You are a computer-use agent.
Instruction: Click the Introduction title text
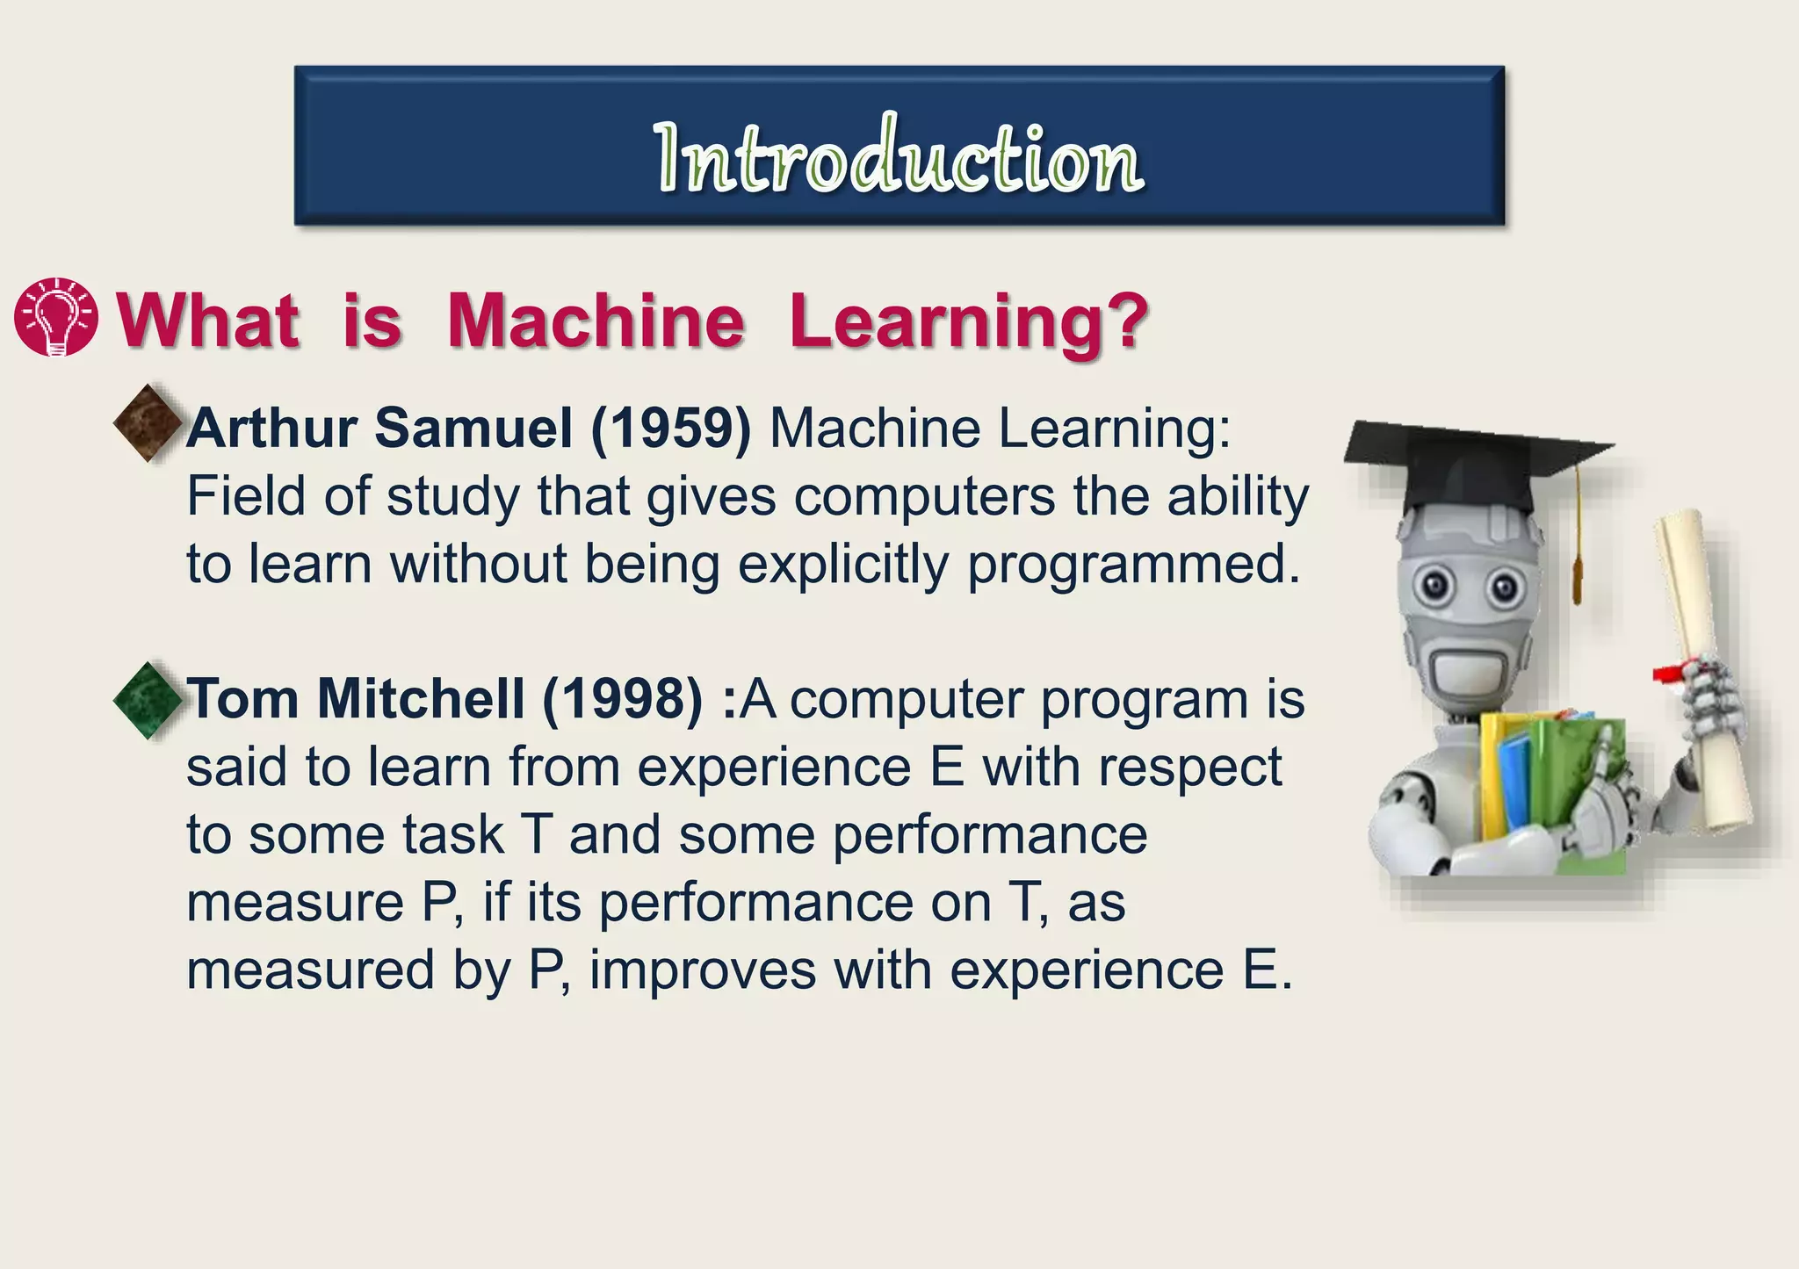899,158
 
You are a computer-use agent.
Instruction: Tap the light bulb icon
56,318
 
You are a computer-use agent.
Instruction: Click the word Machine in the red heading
596,321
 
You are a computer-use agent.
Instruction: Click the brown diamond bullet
148,423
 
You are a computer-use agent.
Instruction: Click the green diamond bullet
148,700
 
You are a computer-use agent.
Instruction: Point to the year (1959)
671,429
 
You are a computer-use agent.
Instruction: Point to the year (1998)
623,700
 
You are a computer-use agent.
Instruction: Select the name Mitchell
420,700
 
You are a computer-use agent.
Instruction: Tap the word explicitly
843,565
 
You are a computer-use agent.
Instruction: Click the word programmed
1133,565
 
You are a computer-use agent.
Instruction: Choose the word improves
703,971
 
